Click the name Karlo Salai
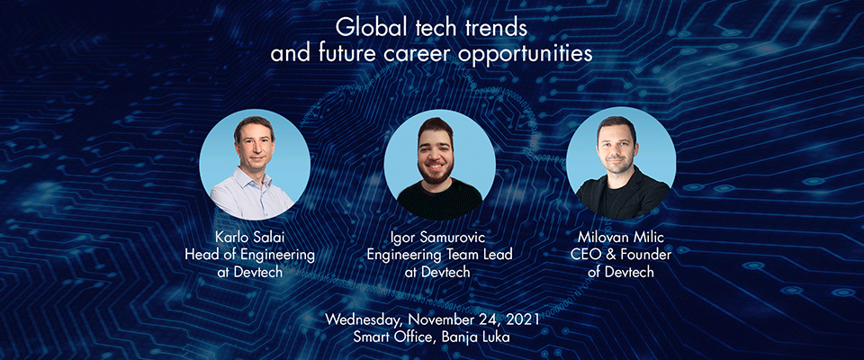coord(255,240)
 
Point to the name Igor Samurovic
coord(440,240)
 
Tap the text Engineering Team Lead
coord(440,256)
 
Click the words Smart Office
coord(394,337)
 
